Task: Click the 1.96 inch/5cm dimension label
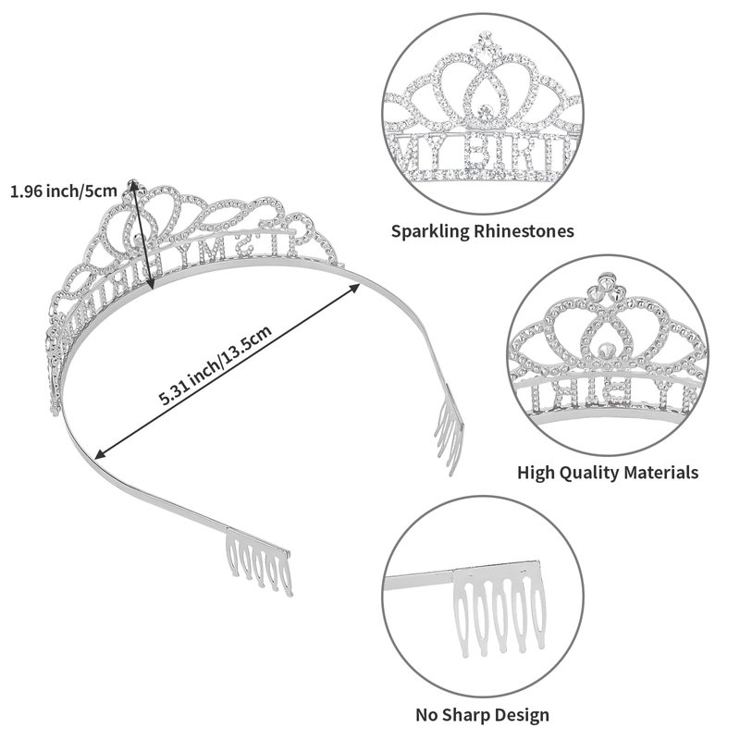tap(64, 191)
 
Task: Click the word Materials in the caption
tap(662, 472)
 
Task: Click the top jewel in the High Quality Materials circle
tap(604, 281)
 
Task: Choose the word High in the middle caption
tap(536, 472)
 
